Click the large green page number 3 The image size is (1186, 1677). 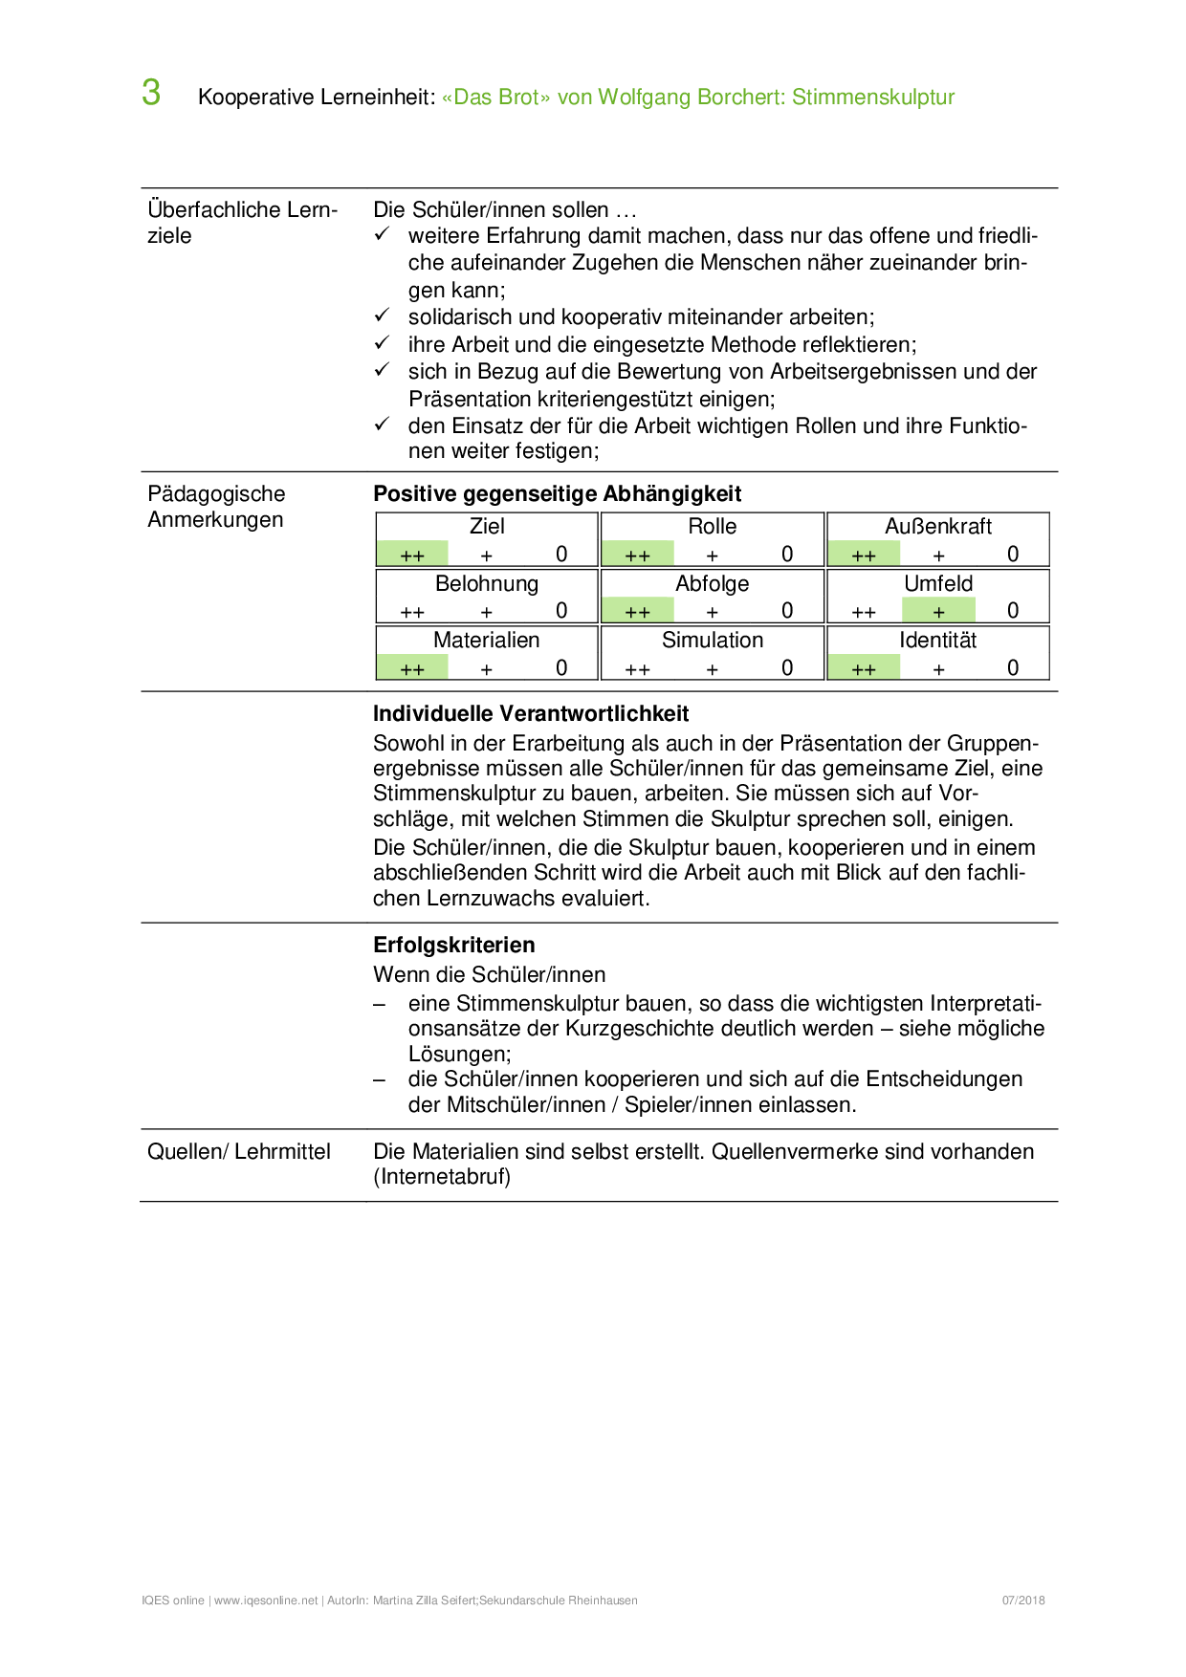pos(151,93)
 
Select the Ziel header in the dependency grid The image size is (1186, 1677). pos(487,526)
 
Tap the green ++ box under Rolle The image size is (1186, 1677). pos(638,555)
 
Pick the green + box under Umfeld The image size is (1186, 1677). pos(938,611)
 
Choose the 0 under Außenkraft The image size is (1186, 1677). pos(1013,555)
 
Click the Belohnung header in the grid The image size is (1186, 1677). pos(487,583)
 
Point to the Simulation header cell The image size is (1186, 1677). pos(713,640)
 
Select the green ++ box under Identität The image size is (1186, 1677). pos(864,668)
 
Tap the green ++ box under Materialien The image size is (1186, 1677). pos(412,668)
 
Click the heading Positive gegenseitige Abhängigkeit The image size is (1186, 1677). pos(557,493)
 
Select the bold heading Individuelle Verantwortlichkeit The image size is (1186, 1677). pos(531,713)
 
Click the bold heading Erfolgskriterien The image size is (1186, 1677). pos(453,945)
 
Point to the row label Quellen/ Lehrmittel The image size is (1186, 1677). pos(239,1151)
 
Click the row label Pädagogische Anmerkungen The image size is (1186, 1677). pos(216,507)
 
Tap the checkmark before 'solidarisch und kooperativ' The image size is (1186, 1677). pos(382,316)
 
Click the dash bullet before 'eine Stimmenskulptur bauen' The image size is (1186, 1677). pos(380,1004)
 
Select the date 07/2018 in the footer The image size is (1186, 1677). pos(1023,1601)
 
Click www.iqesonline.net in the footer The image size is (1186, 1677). pos(266,1601)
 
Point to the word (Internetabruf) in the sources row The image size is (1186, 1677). pos(442,1177)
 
